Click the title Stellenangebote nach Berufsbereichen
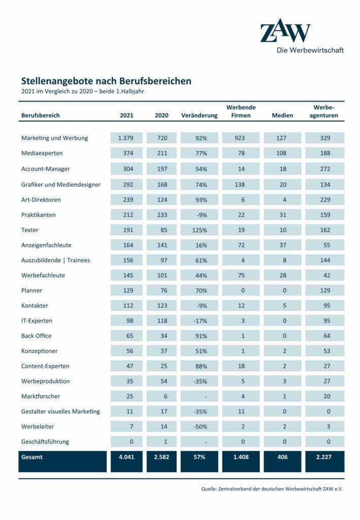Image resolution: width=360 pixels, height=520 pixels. pyautogui.click(x=106, y=81)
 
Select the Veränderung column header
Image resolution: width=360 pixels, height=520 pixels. pyautogui.click(x=199, y=115)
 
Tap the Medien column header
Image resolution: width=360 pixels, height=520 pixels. pyautogui.click(x=282, y=115)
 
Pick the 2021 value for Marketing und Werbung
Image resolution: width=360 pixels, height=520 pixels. pyautogui.click(x=126, y=138)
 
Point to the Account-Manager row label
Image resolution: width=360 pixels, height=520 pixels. pyautogui.click(x=46, y=169)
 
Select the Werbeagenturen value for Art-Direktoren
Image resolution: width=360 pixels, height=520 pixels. pyautogui.click(x=325, y=199)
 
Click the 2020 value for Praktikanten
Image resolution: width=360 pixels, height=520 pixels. pyautogui.click(x=161, y=215)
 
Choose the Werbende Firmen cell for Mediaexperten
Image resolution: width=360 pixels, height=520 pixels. pyautogui.click(x=240, y=153)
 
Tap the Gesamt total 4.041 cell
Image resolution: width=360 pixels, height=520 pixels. pyautogui.click(x=126, y=457)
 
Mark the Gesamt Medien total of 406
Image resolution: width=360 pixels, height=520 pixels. pyautogui.click(x=282, y=457)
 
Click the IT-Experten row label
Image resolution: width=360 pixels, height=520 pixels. pyautogui.click(x=37, y=320)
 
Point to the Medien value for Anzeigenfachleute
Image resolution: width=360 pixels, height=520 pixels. pyautogui.click(x=282, y=245)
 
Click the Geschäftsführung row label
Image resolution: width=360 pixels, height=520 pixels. pyautogui.click(x=45, y=441)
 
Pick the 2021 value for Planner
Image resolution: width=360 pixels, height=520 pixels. pyautogui.click(x=126, y=290)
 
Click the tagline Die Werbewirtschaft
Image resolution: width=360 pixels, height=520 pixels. pyautogui.click(x=310, y=50)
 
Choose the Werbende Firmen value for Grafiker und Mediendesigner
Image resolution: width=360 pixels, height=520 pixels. pyautogui.click(x=240, y=184)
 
